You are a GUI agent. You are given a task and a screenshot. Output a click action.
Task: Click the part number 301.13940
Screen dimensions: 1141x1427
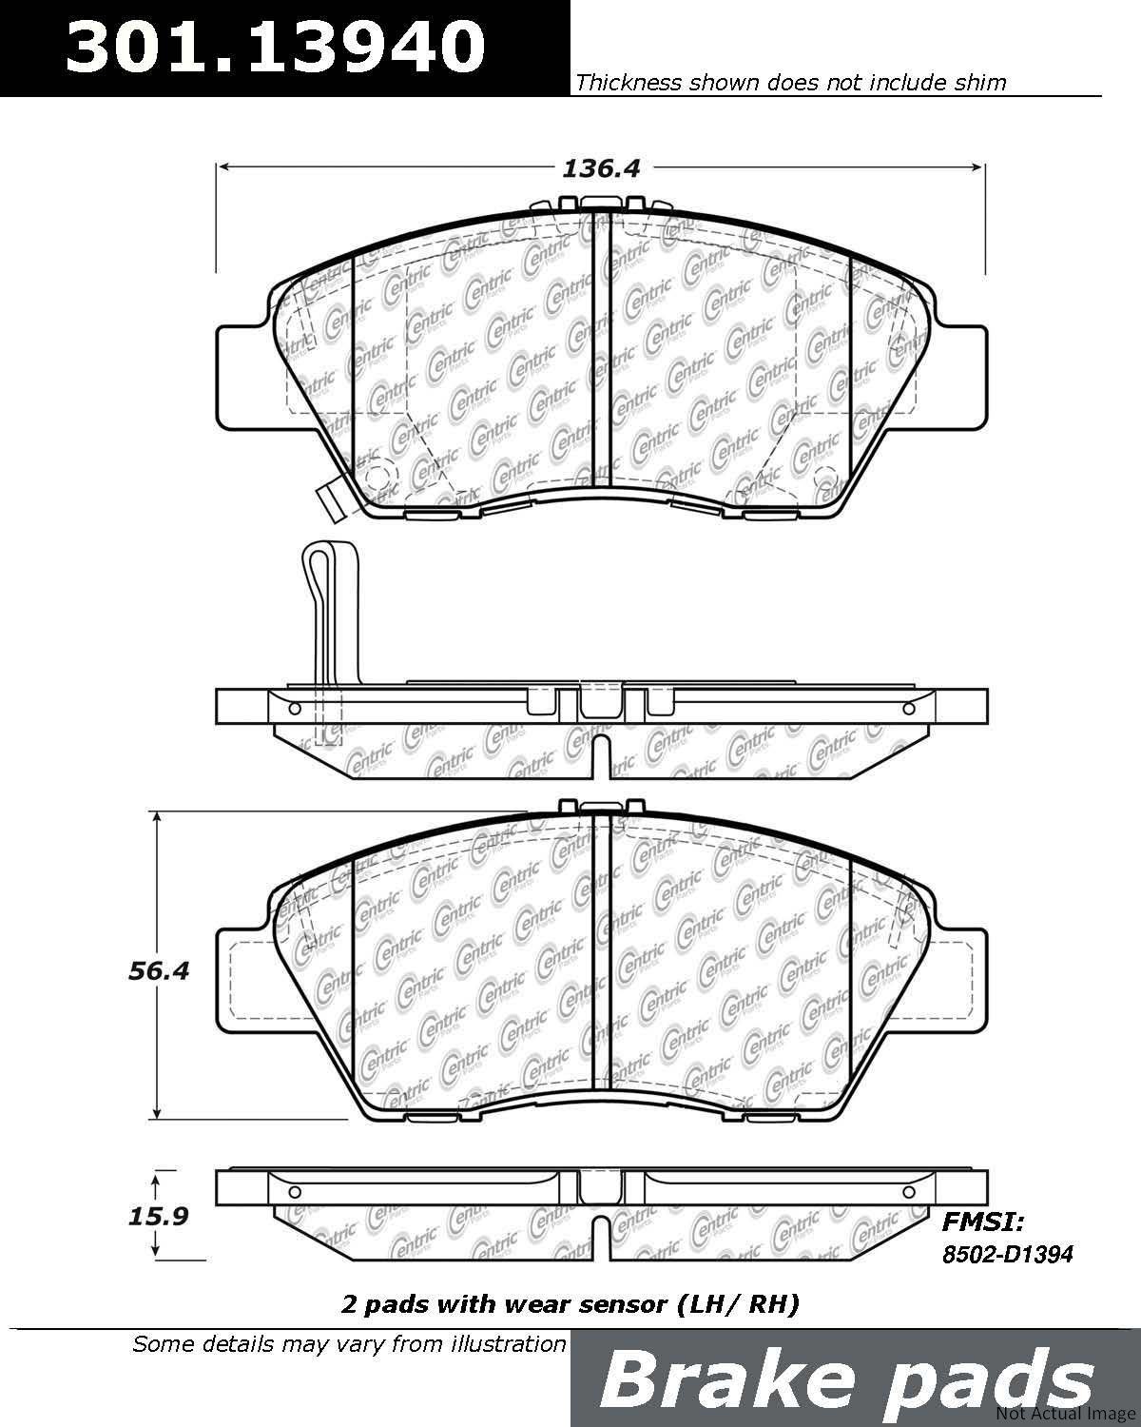coord(276,47)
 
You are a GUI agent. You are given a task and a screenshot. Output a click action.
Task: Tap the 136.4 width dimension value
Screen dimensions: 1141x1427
coord(601,169)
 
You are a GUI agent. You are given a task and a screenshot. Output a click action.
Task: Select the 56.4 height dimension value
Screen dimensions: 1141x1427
coord(159,970)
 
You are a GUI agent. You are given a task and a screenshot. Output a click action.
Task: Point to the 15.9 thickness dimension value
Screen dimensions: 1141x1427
coord(159,1216)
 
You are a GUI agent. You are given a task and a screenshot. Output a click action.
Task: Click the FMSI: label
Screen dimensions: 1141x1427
coord(984,1222)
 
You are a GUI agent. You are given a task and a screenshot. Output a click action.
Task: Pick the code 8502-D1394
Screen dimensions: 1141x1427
coord(1008,1254)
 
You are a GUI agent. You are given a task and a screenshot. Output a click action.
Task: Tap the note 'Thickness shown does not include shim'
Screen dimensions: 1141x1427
coord(790,82)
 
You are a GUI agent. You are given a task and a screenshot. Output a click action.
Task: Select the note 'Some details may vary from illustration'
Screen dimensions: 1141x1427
coord(349,1344)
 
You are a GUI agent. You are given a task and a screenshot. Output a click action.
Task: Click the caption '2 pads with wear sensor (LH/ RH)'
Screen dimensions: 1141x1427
coord(570,1304)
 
